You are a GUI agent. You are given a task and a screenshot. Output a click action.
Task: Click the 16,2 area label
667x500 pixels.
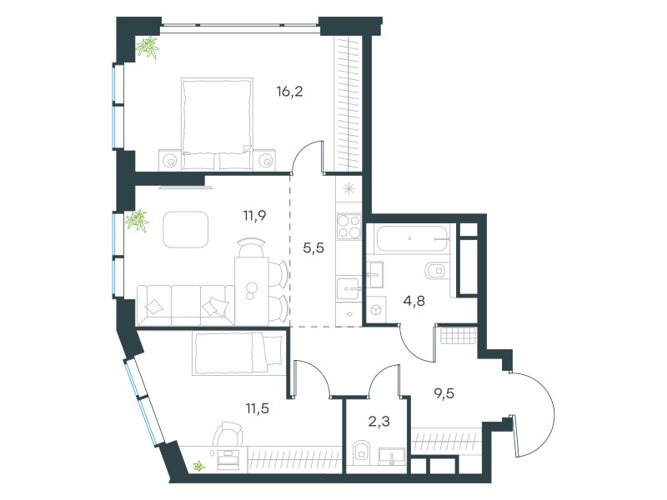[289, 92]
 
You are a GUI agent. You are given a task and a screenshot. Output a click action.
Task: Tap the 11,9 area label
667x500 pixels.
[254, 216]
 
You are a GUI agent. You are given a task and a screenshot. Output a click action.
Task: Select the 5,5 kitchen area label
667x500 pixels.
[313, 247]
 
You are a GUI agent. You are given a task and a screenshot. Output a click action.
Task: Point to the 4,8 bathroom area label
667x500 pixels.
[414, 301]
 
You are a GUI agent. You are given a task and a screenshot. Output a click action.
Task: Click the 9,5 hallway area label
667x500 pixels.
[444, 393]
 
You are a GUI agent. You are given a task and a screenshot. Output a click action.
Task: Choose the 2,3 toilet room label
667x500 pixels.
[379, 422]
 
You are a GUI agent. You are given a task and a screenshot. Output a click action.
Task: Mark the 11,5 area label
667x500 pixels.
[258, 408]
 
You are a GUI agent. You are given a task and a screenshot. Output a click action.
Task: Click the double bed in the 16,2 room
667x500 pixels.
[217, 123]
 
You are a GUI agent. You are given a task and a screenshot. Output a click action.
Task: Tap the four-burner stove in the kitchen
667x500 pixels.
[349, 226]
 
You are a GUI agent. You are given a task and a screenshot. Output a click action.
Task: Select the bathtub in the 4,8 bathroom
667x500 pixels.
[412, 238]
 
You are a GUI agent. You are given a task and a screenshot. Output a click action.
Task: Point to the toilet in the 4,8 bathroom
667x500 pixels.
[437, 270]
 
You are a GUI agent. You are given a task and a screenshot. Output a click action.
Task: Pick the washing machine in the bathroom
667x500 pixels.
[377, 309]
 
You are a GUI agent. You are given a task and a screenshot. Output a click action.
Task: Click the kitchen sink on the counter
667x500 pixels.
[348, 288]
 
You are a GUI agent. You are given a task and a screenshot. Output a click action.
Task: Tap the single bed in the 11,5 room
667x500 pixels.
[238, 353]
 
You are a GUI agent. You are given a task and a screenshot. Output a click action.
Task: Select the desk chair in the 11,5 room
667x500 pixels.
[228, 433]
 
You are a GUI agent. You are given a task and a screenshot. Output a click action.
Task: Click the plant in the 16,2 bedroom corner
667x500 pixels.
[148, 47]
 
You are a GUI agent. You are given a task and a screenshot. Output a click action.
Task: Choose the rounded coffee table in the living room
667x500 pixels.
[186, 230]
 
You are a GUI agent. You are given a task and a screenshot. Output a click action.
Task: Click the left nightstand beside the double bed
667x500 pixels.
[170, 160]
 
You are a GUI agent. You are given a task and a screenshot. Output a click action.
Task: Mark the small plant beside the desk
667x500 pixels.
[198, 467]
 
